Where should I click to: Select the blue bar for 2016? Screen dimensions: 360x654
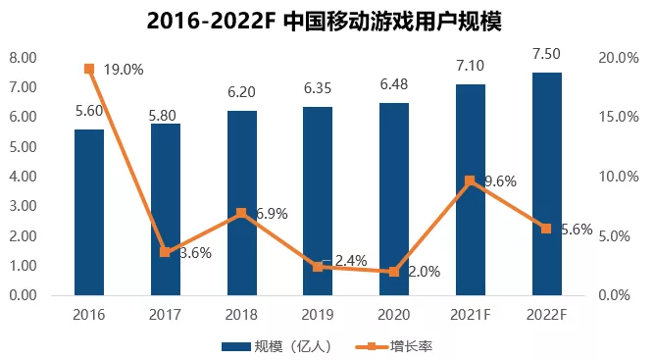pyautogui.click(x=89, y=211)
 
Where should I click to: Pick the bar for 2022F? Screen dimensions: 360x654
pyautogui.click(x=546, y=183)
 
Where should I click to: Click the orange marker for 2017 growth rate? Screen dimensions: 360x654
pyautogui.click(x=165, y=252)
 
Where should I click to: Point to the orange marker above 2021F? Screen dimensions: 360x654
pyautogui.click(x=470, y=180)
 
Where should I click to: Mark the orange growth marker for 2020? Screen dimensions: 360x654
pyautogui.click(x=394, y=272)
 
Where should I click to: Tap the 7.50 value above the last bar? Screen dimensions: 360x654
pyautogui.click(x=546, y=54)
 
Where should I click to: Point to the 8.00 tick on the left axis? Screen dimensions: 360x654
pyautogui.click(x=23, y=58)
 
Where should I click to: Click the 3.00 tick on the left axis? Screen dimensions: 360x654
pyautogui.click(x=23, y=206)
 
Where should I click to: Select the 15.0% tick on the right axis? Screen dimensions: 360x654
pyautogui.click(x=620, y=117)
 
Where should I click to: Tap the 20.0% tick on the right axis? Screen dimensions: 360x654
pyautogui.click(x=620, y=58)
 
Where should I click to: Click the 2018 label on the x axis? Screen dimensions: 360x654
pyautogui.click(x=241, y=314)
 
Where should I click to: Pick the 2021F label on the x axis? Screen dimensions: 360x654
pyautogui.click(x=470, y=314)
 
